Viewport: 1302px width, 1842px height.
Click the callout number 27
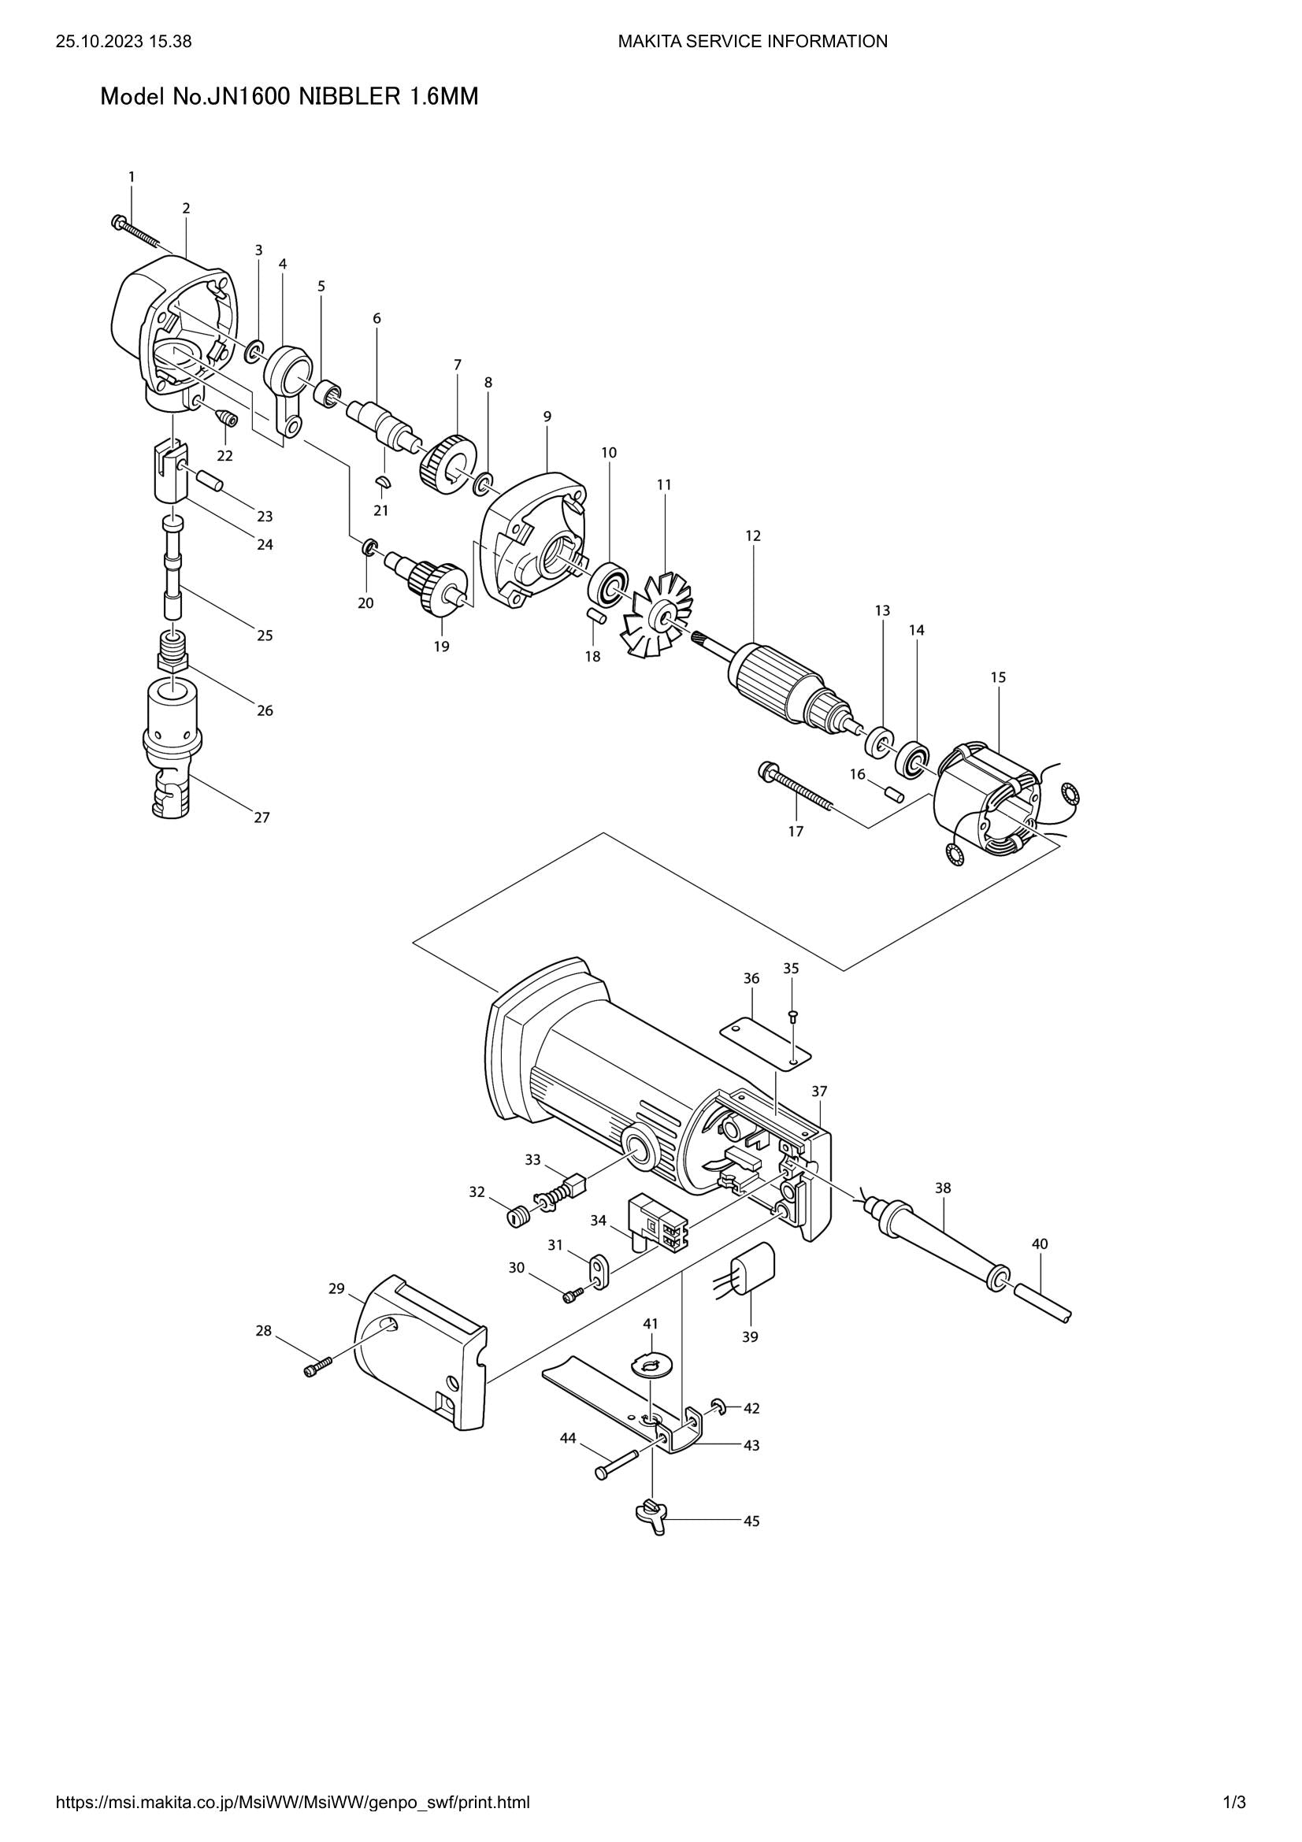(262, 817)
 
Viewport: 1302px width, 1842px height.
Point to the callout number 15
(998, 677)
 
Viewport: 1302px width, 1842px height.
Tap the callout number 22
(224, 456)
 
